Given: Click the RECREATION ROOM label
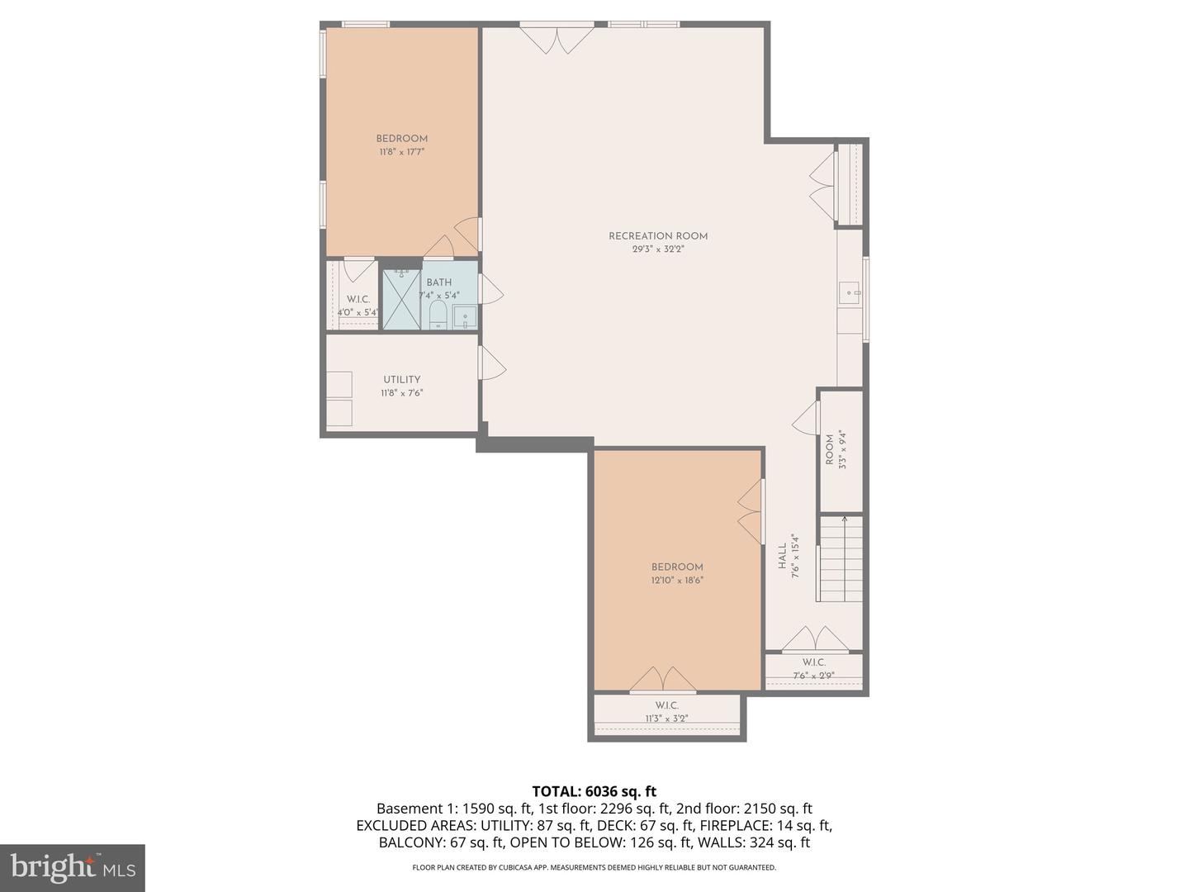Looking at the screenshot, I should [658, 236].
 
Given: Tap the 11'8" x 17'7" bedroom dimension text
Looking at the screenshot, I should [402, 152].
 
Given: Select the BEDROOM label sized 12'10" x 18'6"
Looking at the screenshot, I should [677, 567].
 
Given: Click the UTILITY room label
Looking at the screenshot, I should [401, 380].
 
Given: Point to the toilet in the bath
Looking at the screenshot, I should [438, 315].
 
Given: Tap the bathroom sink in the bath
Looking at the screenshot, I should [464, 317].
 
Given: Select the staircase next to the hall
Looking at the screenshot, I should [841, 558].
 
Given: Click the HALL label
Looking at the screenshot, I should [782, 556].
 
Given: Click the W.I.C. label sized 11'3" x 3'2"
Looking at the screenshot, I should [666, 705].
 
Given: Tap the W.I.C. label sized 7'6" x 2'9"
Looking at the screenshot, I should [813, 662].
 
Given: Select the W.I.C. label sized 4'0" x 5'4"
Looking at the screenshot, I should [358, 299].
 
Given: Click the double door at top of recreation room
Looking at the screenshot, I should [557, 39].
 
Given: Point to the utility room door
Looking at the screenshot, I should [491, 363].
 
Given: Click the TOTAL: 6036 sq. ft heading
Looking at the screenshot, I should [594, 791].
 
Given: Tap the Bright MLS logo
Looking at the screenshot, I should [73, 867].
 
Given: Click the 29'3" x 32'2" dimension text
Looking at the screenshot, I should [658, 249].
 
